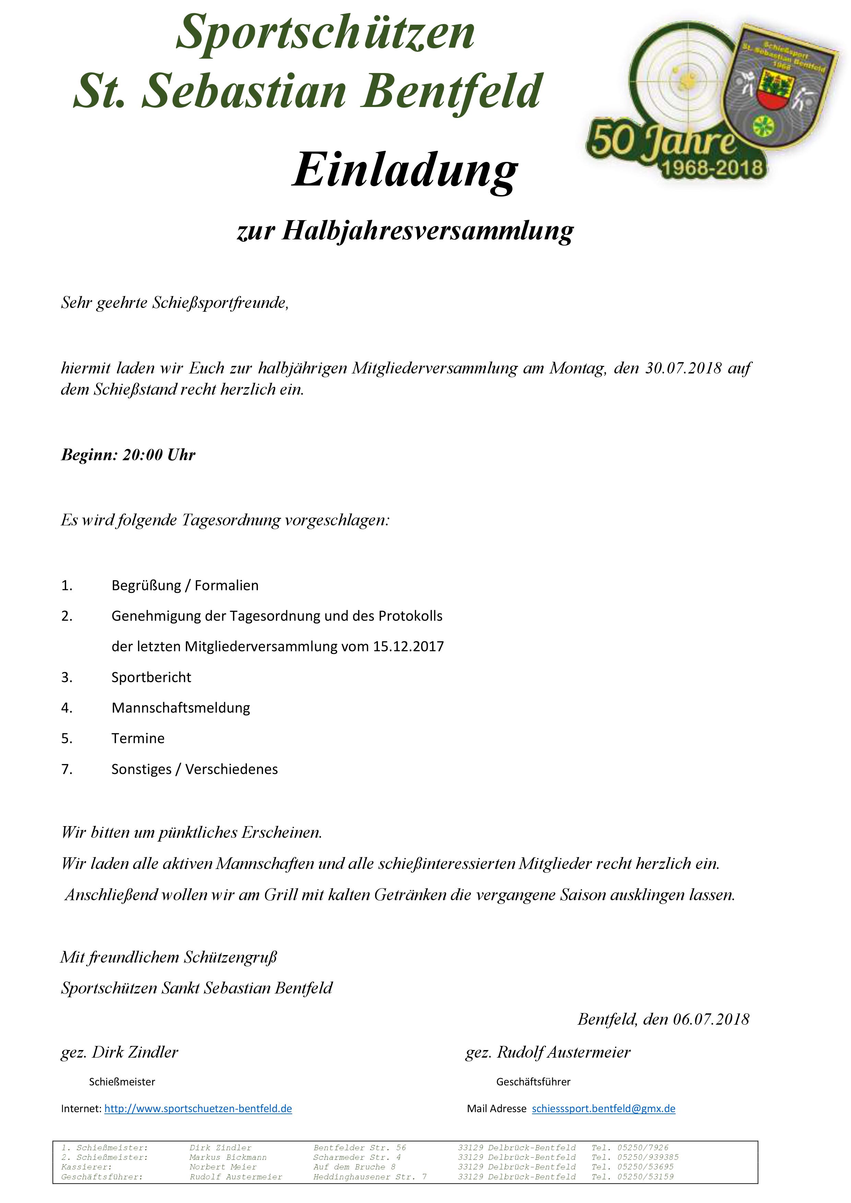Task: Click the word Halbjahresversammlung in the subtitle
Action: (428, 230)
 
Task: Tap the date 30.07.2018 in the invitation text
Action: (683, 368)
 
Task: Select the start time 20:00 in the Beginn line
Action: (143, 454)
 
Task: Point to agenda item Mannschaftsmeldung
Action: (180, 707)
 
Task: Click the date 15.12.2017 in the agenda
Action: (408, 646)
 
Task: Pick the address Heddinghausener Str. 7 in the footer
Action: (369, 1176)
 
